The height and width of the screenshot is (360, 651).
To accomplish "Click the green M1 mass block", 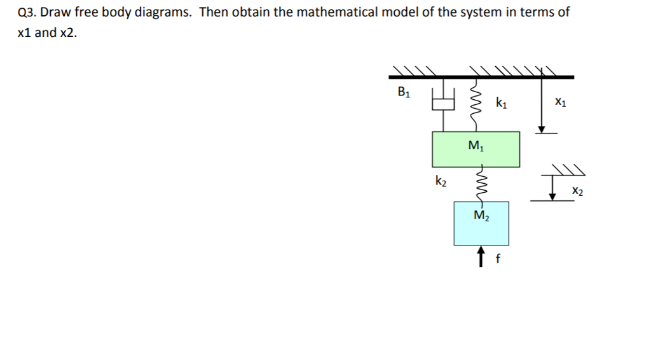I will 476,149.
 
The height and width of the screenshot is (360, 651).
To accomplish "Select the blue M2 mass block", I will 481,224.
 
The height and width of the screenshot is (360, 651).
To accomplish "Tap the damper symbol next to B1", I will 444,100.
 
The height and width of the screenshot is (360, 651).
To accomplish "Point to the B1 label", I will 404,93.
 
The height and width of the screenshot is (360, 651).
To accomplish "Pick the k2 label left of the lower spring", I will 441,182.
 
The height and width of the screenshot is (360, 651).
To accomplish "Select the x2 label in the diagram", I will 576,190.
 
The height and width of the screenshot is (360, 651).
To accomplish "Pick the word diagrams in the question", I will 160,12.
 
